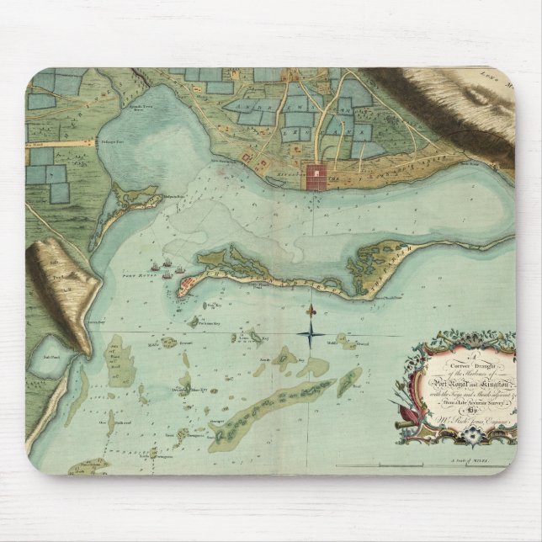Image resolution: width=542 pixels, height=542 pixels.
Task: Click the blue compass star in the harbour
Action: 311,337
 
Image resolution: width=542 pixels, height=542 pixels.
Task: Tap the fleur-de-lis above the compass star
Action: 311,310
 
